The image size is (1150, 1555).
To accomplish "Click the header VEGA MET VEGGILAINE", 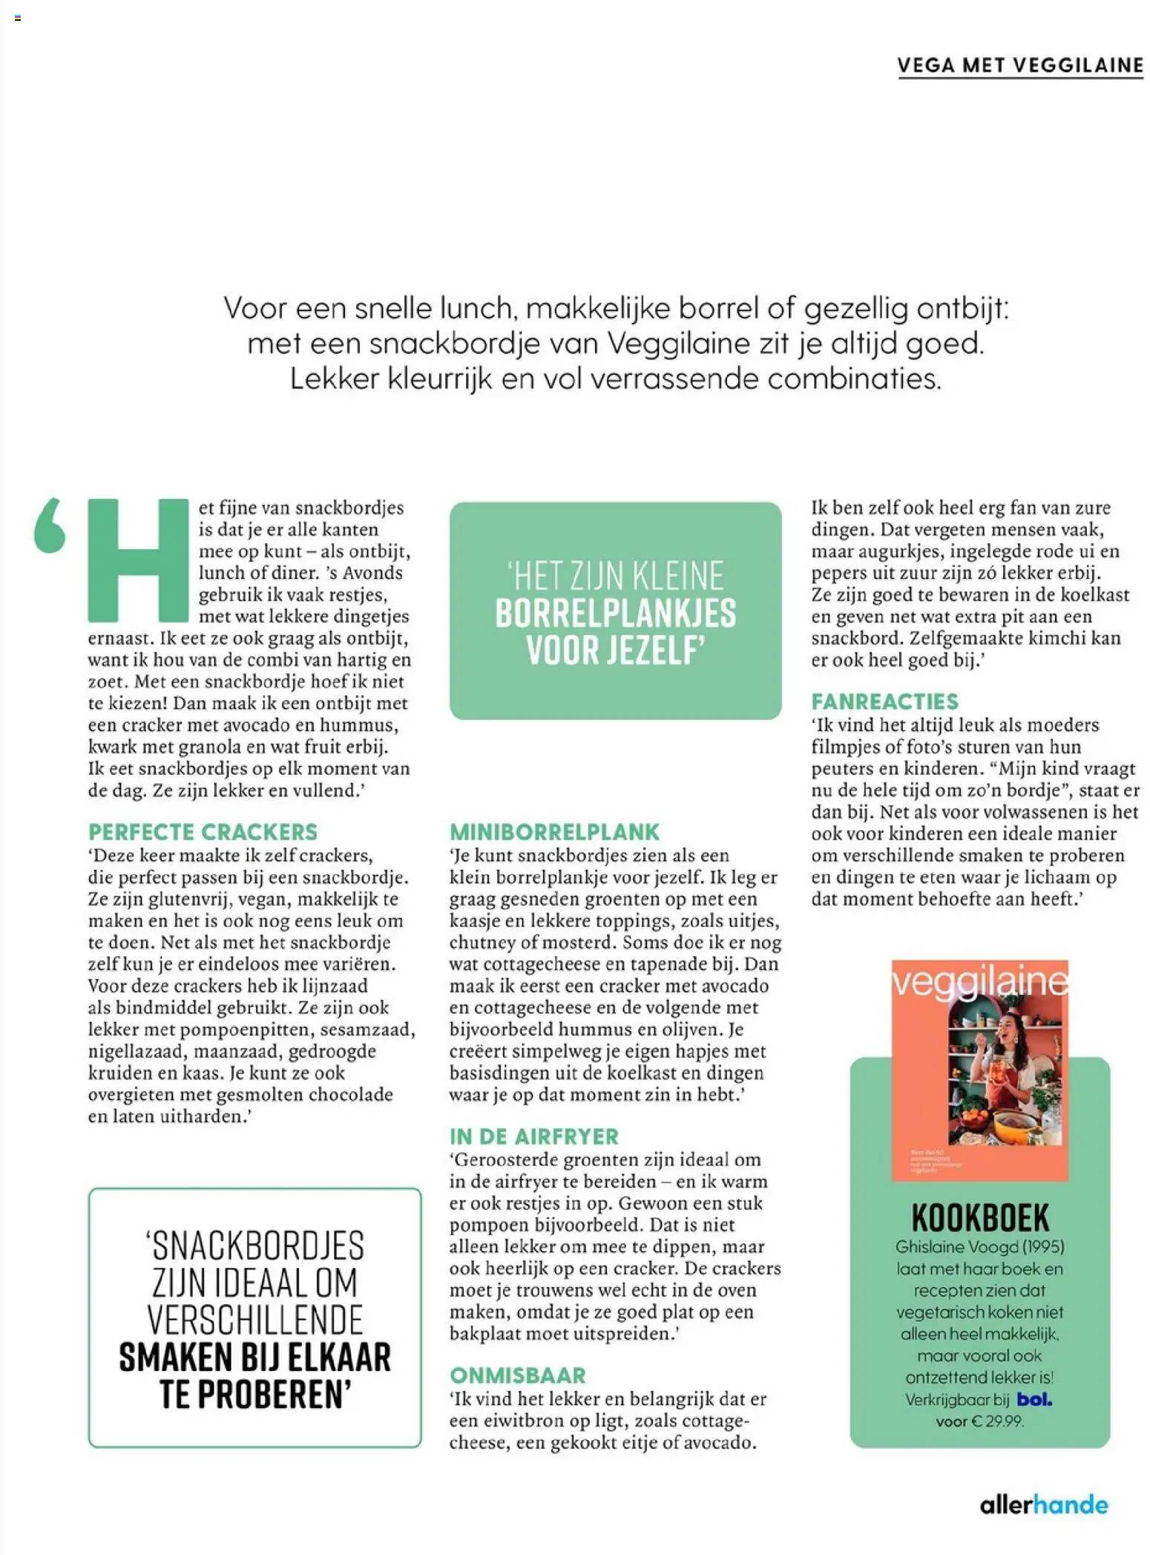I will point(1019,65).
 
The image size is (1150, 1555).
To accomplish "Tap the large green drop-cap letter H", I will point(138,560).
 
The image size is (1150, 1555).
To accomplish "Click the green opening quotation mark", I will point(50,526).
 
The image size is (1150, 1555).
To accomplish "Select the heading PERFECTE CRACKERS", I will point(203,831).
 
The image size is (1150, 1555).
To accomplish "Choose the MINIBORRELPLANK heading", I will point(554,831).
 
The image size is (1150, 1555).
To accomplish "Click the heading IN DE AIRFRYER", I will point(533,1136).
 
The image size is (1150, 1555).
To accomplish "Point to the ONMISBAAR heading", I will point(518,1375).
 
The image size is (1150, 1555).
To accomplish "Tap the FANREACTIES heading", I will point(884,701).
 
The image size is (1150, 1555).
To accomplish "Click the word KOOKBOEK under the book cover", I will point(980,1218).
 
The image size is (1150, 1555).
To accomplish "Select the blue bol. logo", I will point(1034,1399).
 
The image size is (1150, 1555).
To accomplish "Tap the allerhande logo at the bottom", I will point(1043,1505).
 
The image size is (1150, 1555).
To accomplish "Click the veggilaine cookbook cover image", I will point(979,1070).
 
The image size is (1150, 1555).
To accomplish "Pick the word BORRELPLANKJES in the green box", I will point(615,613).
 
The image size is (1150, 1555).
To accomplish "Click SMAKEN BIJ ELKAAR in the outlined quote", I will point(254,1358).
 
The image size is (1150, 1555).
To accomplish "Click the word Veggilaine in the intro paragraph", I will point(678,343).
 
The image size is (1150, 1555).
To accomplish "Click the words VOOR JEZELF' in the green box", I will point(615,650).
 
